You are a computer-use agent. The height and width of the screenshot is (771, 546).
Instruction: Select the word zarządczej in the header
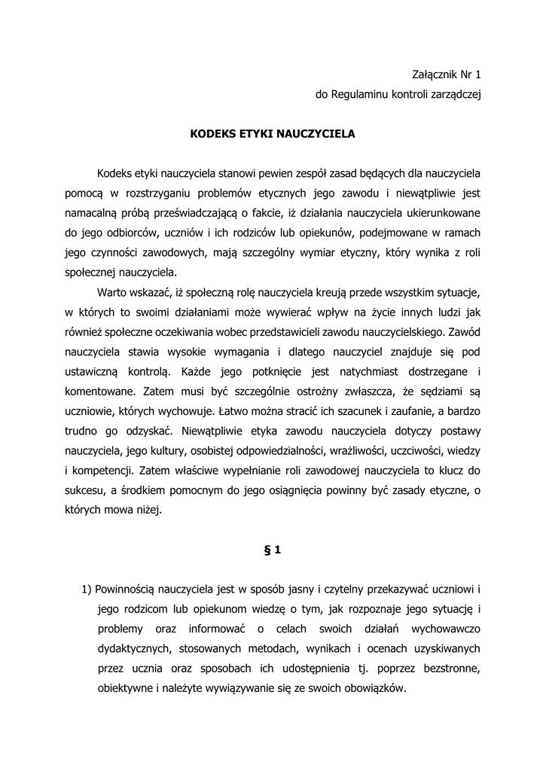click(455, 95)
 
